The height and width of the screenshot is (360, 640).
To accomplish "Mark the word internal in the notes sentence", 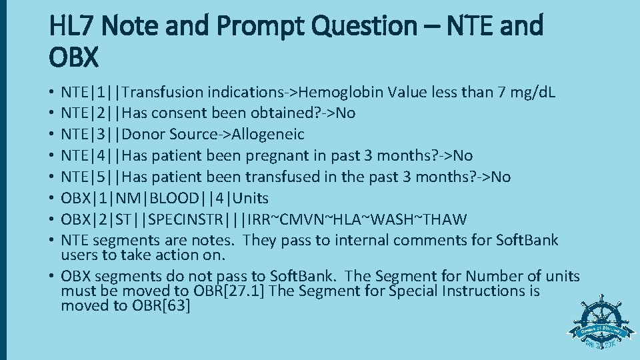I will click(370, 240).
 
